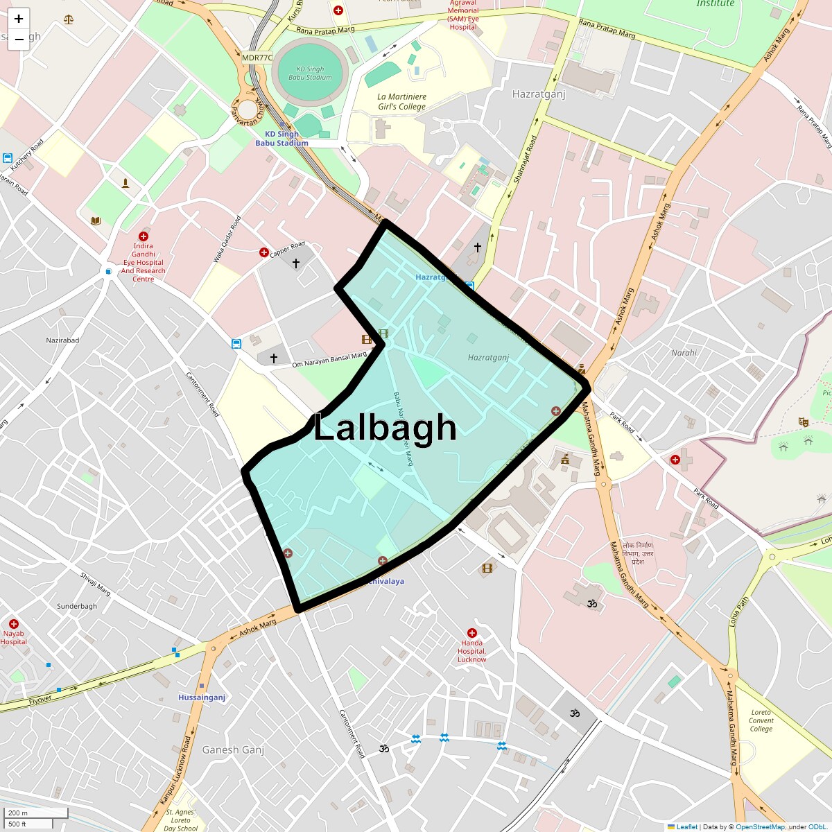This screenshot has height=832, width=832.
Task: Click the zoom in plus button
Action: (x=19, y=19)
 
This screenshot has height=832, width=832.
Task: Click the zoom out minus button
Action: (x=19, y=40)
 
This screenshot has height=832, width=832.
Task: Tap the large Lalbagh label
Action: (x=385, y=428)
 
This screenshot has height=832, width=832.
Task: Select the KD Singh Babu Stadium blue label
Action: (x=281, y=139)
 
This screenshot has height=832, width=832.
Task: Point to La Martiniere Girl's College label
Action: (x=401, y=102)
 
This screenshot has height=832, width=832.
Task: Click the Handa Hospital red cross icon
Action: (x=472, y=633)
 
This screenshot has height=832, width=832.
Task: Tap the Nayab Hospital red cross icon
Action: (x=13, y=624)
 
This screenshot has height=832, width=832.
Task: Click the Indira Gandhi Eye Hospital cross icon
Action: (x=144, y=236)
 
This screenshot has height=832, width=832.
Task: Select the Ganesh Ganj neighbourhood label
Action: (x=233, y=749)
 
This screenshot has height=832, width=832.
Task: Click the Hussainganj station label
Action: (x=202, y=697)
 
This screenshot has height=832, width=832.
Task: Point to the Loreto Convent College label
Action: (x=761, y=720)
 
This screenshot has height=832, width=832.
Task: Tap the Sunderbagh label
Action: (x=77, y=606)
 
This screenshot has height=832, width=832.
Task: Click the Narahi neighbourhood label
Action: (x=684, y=353)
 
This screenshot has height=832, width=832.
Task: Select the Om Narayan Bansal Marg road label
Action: (x=329, y=360)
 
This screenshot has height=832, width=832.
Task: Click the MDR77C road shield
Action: (x=257, y=58)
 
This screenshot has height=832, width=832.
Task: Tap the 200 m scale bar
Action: (x=35, y=813)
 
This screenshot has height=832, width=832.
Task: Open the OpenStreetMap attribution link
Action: (x=760, y=826)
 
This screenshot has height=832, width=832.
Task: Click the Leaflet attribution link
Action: (x=686, y=826)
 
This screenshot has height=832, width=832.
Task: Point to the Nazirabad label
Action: (x=62, y=340)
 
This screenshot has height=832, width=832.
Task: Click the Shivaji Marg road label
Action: (x=95, y=584)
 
